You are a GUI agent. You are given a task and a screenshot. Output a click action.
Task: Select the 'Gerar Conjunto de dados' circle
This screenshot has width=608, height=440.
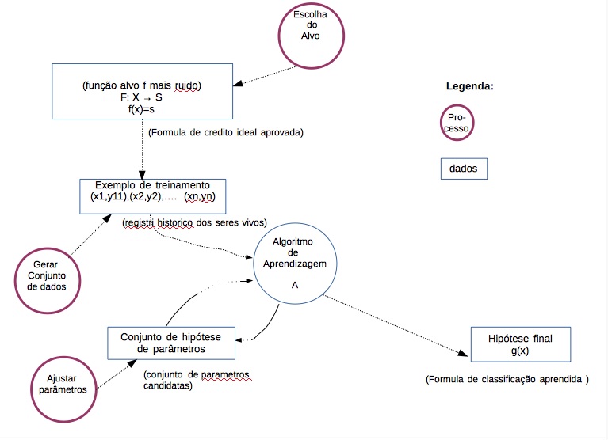(x=46, y=274)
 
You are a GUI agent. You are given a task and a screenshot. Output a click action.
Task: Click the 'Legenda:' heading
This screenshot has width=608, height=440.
(x=469, y=86)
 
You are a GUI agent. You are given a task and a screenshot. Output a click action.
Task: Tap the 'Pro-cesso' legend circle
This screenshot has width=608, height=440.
(x=457, y=122)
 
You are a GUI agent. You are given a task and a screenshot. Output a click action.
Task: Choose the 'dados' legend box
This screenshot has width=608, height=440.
(x=464, y=169)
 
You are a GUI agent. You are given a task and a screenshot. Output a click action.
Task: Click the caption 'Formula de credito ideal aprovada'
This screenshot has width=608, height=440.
(x=226, y=133)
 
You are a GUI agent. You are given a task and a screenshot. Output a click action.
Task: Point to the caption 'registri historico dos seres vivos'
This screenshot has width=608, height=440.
(x=194, y=222)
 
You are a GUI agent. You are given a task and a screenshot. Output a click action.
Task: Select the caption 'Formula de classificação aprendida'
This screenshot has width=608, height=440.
(x=507, y=379)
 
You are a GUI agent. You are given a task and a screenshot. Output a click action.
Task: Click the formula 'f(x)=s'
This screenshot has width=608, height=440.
(x=142, y=109)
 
